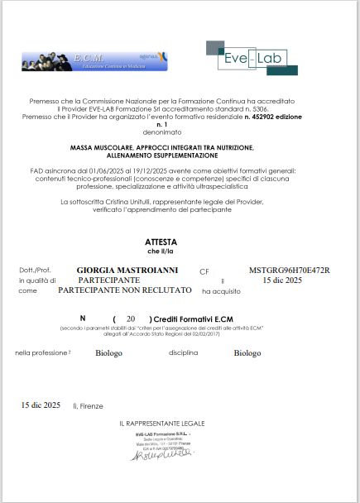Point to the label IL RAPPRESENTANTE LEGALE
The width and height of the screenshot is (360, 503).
tap(161, 424)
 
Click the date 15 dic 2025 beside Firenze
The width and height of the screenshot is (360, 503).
tap(41, 405)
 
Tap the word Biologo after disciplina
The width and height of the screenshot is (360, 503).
tap(246, 353)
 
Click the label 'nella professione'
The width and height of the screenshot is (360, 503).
tap(41, 353)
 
